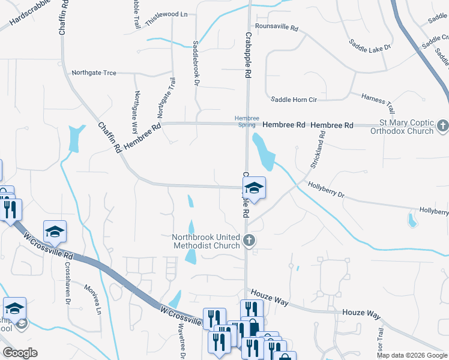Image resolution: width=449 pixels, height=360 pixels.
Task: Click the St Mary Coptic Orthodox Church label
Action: (402, 127)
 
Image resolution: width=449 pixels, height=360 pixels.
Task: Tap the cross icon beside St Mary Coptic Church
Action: (443, 126)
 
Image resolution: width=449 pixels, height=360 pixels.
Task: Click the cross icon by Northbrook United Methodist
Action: (249, 241)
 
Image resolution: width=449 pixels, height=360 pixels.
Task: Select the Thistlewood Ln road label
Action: (166, 13)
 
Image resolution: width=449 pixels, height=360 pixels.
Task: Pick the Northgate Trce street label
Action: (94, 73)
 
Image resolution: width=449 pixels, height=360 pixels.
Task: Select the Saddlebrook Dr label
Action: (196, 62)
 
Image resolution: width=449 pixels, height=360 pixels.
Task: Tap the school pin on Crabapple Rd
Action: (254, 189)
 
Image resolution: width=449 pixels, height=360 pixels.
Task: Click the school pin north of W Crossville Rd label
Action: (55, 232)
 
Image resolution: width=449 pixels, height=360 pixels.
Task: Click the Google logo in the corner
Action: (20, 353)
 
